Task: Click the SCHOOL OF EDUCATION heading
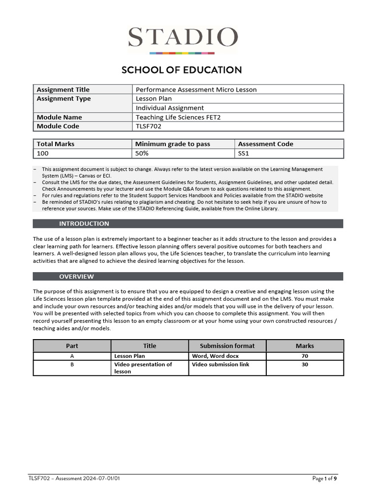pyautogui.click(x=182, y=70)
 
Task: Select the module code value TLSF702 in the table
pyautogui.click(x=149, y=126)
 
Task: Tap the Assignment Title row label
pyautogui.click(x=63, y=90)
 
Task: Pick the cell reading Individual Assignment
pyautogui.click(x=170, y=108)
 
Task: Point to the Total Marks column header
pyautogui.click(x=56, y=144)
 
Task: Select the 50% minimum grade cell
pyautogui.click(x=144, y=154)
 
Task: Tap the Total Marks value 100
pyautogui.click(x=43, y=154)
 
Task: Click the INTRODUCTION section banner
pyautogui.click(x=84, y=224)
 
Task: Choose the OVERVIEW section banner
pyautogui.click(x=76, y=277)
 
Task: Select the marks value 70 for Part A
pyautogui.click(x=305, y=355)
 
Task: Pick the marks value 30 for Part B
pyautogui.click(x=305, y=364)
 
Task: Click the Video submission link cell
pyautogui.click(x=220, y=364)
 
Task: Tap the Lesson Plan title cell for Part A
pyautogui.click(x=129, y=355)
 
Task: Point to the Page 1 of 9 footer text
pyautogui.click(x=325, y=478)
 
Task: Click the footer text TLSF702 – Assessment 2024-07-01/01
pyautogui.click(x=74, y=478)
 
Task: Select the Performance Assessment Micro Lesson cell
pyautogui.click(x=196, y=90)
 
